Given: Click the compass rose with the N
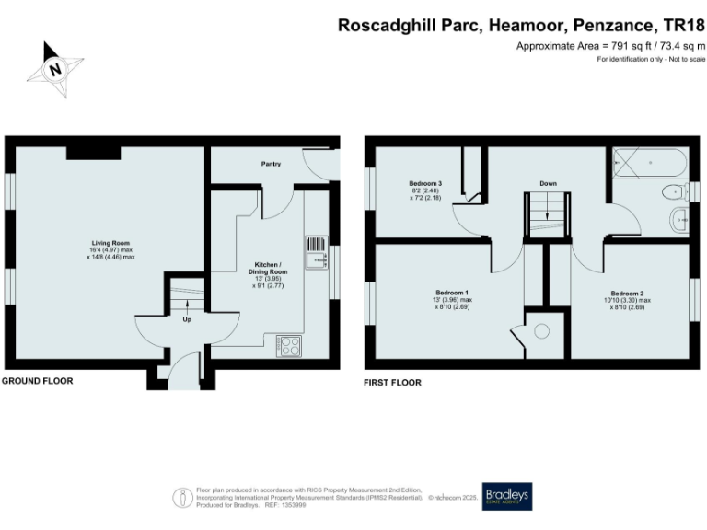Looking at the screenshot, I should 56,68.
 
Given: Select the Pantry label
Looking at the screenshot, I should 271,164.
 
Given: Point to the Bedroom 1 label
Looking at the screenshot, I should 453,294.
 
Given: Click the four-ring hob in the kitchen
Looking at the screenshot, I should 289,346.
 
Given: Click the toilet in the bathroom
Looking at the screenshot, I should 674,192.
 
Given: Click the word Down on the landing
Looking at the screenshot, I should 548,183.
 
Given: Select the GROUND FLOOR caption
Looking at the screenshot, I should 37,381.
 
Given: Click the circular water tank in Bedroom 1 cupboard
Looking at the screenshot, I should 540,330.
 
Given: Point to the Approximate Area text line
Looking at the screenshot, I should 610,45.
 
